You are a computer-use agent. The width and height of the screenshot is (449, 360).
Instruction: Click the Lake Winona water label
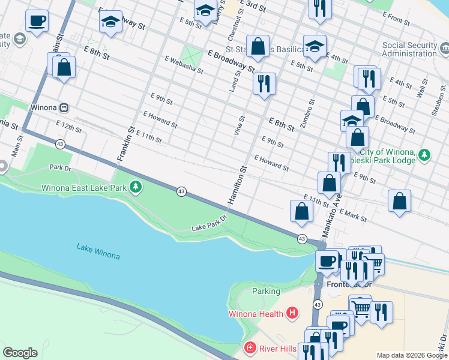[x=98, y=251]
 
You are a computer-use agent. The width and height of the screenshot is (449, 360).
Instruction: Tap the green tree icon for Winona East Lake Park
[x=137, y=188]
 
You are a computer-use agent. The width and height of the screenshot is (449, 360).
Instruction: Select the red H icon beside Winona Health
[x=292, y=313]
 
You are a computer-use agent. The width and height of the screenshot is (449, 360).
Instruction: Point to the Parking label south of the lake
[x=266, y=292]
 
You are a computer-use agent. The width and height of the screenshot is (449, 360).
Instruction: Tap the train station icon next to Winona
[x=64, y=108]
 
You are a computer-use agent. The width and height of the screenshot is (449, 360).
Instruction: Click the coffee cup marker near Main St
[x=37, y=21]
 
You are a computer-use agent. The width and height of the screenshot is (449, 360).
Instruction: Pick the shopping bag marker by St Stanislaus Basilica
[x=258, y=46]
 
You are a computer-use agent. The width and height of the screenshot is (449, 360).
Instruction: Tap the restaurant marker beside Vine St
[x=264, y=83]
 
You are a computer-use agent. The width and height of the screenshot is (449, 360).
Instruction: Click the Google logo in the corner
[x=20, y=353]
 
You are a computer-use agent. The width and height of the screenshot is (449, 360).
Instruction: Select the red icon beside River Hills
[x=250, y=348]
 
